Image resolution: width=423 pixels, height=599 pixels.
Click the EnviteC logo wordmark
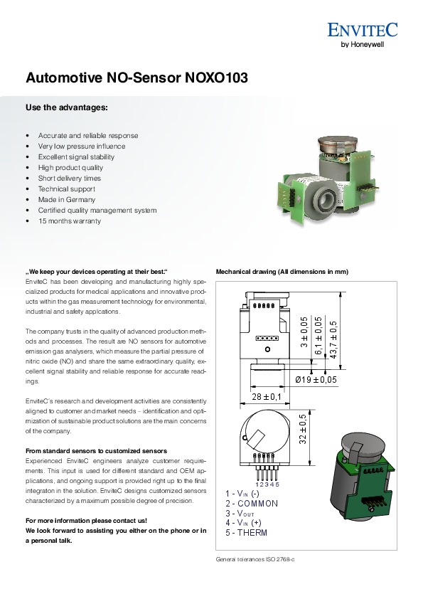point(363,30)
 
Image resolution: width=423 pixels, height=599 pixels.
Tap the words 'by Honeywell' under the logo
point(362,44)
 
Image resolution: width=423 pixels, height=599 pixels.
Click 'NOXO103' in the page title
point(216,78)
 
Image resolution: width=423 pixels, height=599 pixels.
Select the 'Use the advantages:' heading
point(67,107)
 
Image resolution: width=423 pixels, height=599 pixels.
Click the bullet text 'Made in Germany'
point(66,199)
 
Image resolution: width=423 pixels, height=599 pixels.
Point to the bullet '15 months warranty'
point(70,221)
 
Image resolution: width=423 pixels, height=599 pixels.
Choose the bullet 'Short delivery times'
point(70,178)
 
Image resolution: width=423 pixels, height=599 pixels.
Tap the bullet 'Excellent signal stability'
point(76,157)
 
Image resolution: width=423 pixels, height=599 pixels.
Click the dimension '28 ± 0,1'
point(267,397)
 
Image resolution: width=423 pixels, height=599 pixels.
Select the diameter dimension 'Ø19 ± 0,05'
point(316,380)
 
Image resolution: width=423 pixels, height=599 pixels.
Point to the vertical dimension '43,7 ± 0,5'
point(333,339)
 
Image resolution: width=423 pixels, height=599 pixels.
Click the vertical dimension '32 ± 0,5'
point(303,429)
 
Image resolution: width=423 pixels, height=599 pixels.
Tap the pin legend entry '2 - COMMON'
point(252,504)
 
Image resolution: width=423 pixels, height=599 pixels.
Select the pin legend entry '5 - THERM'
point(246,533)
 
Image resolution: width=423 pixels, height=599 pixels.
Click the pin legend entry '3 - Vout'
point(240,514)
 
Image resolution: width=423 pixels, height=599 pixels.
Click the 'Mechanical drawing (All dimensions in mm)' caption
point(282,272)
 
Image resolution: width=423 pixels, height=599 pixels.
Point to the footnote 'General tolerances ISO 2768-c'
point(255,560)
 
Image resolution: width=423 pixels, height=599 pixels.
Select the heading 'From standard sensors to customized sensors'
point(96,451)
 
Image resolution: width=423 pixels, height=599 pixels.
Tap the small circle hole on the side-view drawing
point(267,349)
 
